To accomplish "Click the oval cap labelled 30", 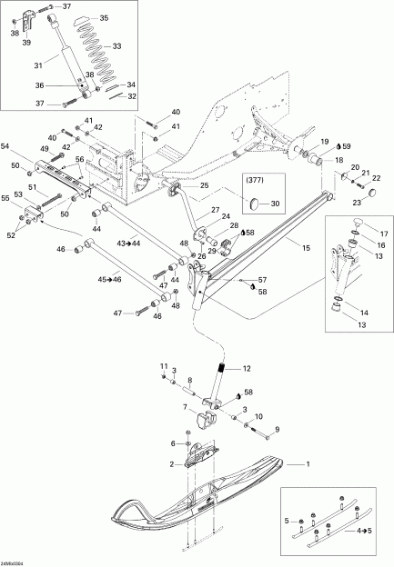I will click(257, 204).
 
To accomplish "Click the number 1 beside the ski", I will click(307, 465).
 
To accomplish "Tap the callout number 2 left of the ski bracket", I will click(169, 463).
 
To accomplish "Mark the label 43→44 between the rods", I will click(129, 244).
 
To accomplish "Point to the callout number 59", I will click(347, 145).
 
